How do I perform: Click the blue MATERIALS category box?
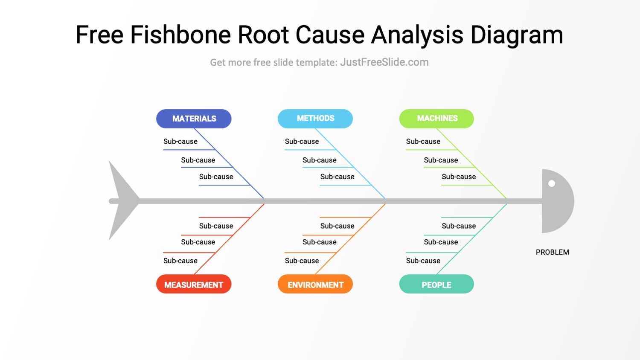click(x=194, y=119)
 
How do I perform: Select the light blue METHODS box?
click(x=315, y=119)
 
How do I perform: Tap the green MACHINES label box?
click(x=436, y=119)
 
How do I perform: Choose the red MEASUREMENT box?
click(x=194, y=285)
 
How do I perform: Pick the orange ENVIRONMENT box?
click(x=315, y=285)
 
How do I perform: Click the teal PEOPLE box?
click(x=436, y=285)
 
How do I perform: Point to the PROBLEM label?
click(x=552, y=252)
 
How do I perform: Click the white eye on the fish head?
click(x=552, y=183)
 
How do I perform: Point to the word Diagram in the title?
click(x=517, y=35)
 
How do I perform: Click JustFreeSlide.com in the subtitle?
click(x=384, y=62)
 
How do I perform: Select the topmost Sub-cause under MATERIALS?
click(x=180, y=142)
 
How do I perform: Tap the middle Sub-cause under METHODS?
click(x=320, y=160)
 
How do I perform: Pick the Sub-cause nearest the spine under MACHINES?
click(x=459, y=177)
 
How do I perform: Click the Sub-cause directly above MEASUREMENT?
click(x=180, y=261)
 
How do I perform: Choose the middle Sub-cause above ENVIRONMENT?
click(x=320, y=242)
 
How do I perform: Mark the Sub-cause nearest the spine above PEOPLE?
click(x=459, y=226)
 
